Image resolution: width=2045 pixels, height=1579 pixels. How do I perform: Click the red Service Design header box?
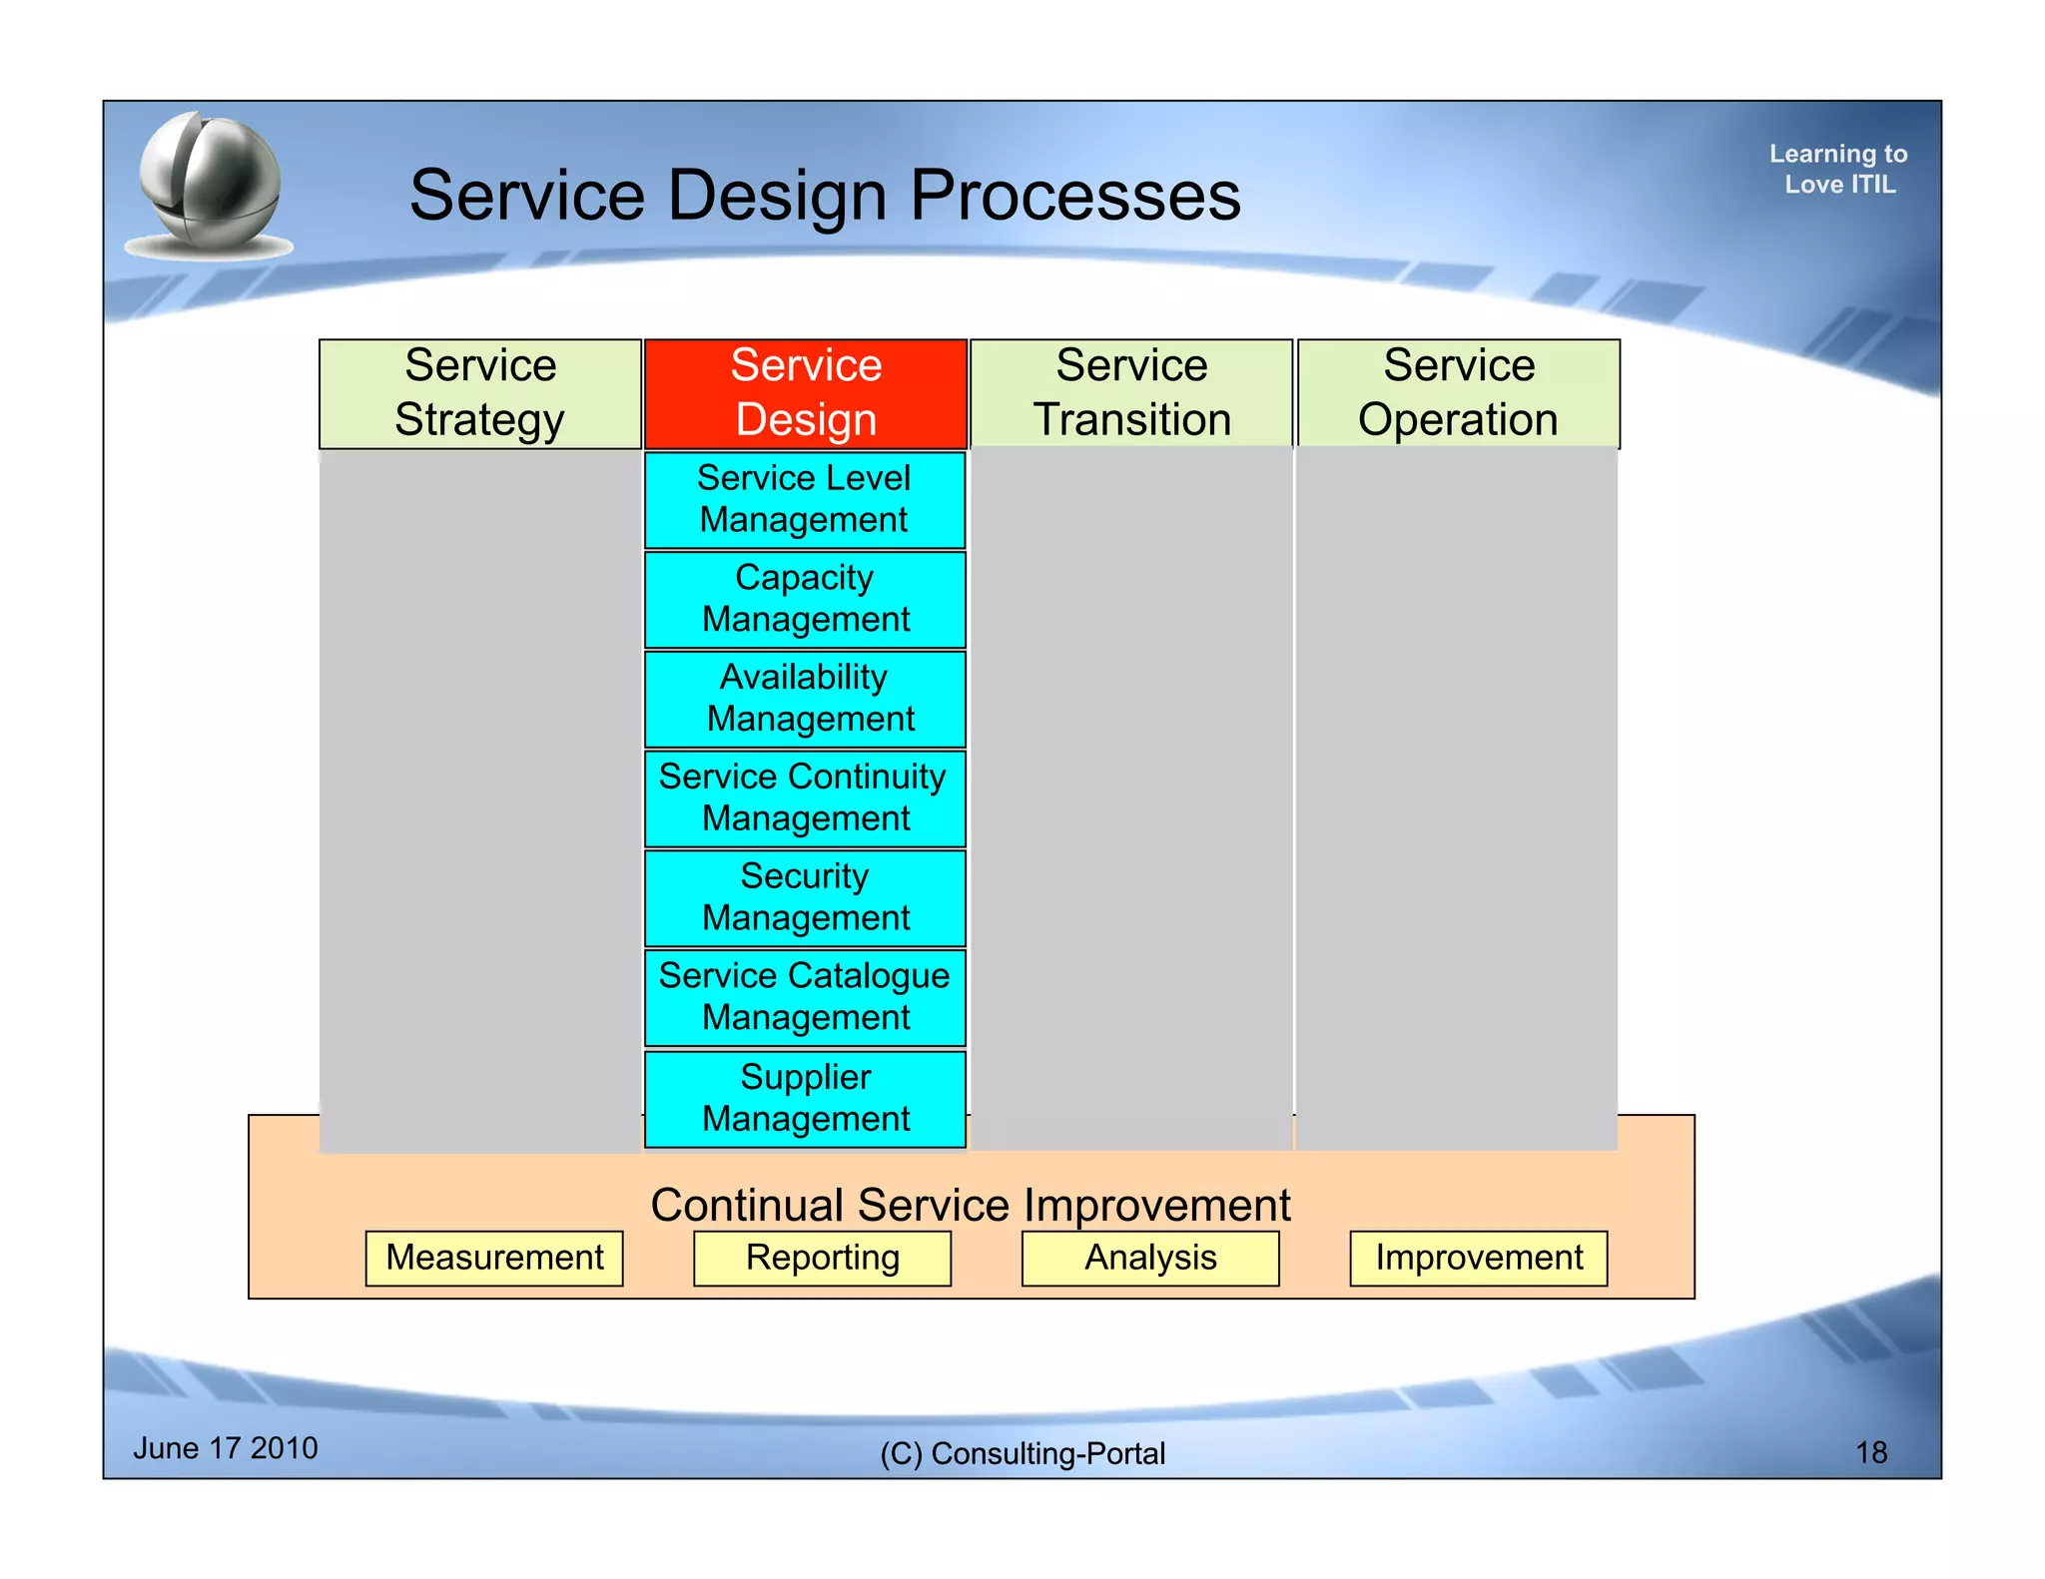(805, 393)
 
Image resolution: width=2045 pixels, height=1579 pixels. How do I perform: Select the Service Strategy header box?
(479, 393)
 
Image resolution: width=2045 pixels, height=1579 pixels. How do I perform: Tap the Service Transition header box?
(1131, 393)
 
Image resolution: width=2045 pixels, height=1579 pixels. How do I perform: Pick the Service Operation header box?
(1458, 393)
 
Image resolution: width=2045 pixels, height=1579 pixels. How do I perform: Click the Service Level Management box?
(805, 499)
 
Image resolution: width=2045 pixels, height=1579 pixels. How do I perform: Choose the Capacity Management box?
(805, 599)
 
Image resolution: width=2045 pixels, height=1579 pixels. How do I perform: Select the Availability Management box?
(805, 698)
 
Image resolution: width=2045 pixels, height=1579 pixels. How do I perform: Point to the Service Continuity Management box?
(805, 797)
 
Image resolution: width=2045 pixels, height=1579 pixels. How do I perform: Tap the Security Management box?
(805, 897)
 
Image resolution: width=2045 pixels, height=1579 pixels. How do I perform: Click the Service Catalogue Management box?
(805, 996)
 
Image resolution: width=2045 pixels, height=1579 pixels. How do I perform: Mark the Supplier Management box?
(805, 1098)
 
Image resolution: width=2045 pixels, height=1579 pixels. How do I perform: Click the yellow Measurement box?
(494, 1258)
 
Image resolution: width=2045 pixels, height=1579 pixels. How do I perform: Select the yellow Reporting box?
(822, 1258)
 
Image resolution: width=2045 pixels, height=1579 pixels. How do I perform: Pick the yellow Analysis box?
(1150, 1258)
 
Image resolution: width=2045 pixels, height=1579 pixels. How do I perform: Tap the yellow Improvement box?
(1478, 1258)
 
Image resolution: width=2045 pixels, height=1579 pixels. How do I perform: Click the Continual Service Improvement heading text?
(970, 1205)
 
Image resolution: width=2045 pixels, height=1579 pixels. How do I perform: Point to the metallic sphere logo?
(210, 185)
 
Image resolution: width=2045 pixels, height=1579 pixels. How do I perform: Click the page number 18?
(1870, 1452)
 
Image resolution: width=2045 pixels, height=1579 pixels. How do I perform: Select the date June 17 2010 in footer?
(226, 1448)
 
